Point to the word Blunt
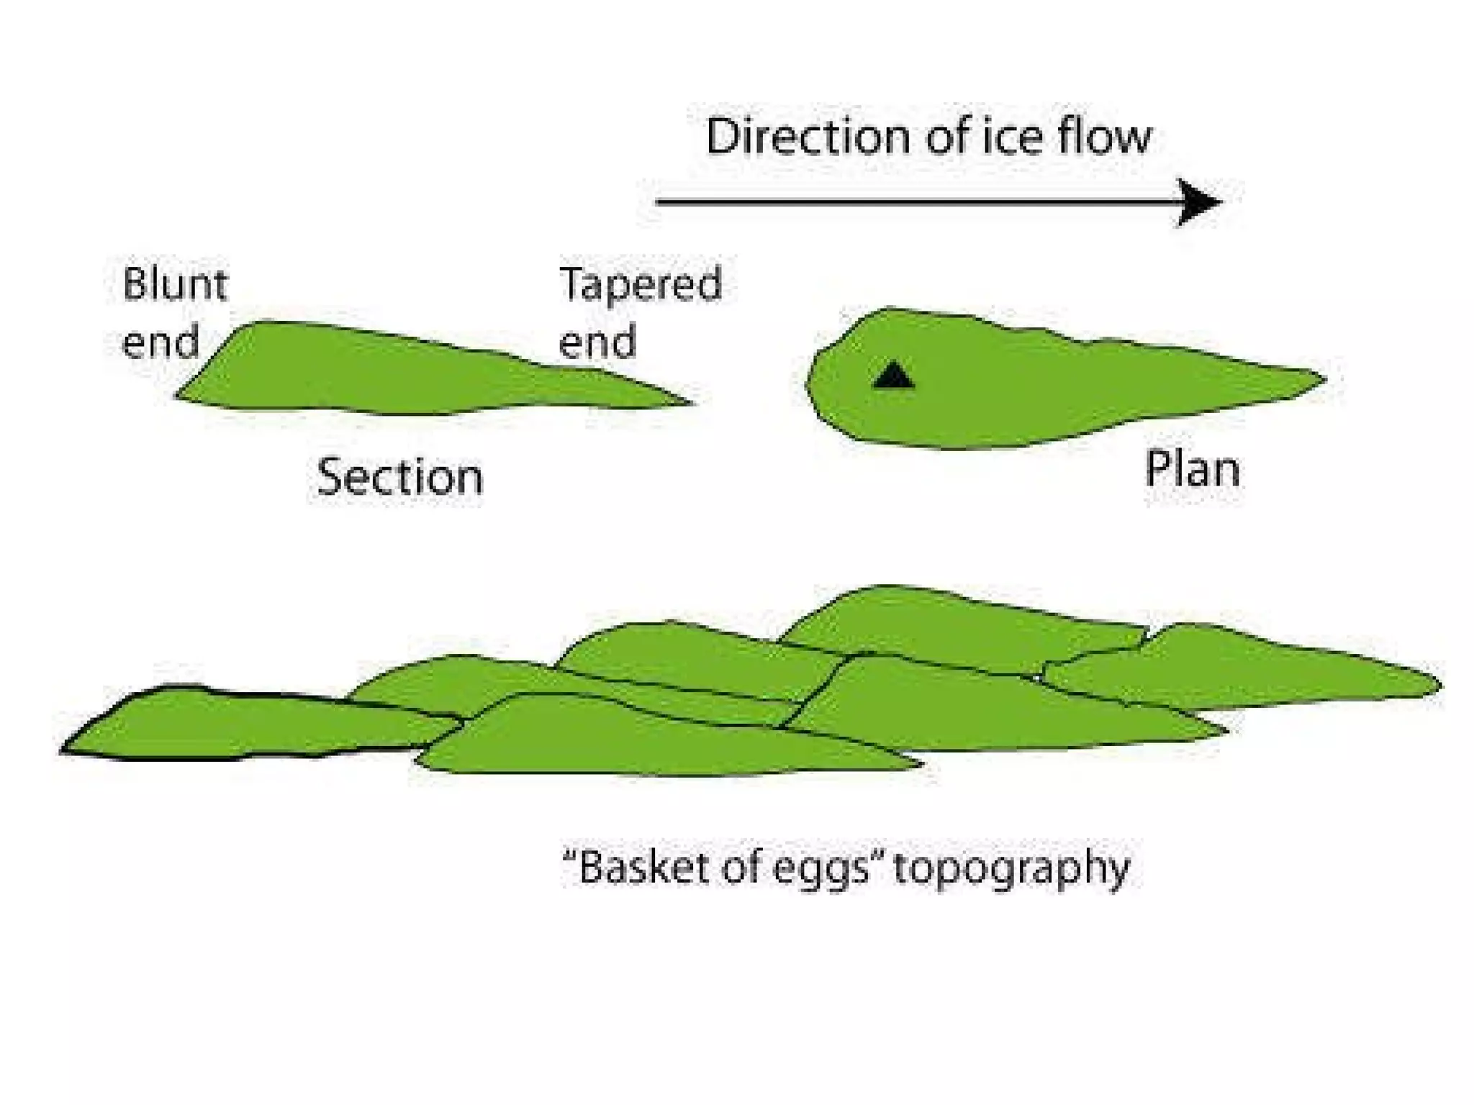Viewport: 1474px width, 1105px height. click(175, 283)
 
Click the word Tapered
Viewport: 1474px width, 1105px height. click(640, 285)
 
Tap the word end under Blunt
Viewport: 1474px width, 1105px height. click(160, 342)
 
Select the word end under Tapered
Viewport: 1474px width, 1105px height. click(597, 342)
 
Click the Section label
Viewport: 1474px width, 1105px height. click(400, 477)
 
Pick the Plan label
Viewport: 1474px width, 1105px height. click(1192, 470)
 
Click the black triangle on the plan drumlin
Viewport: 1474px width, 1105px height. click(893, 376)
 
